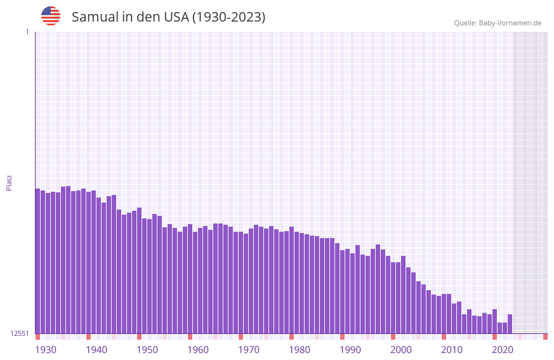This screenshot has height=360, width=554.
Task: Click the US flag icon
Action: pyautogui.click(x=51, y=16)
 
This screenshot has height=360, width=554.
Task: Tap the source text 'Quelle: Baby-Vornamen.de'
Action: pyautogui.click(x=498, y=23)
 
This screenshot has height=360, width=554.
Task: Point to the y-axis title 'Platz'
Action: pyautogui.click(x=9, y=182)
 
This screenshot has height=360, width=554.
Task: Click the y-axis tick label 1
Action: pyautogui.click(x=27, y=32)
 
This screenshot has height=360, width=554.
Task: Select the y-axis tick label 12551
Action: pyautogui.click(x=20, y=333)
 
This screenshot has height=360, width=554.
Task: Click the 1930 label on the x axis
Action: pyautogui.click(x=46, y=350)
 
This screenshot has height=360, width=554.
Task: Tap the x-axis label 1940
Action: pyautogui.click(x=96, y=350)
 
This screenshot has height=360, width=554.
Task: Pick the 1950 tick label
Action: pyautogui.click(x=147, y=350)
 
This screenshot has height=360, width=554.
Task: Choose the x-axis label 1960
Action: pyautogui.click(x=198, y=350)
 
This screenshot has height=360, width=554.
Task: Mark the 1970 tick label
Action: pyautogui.click(x=249, y=350)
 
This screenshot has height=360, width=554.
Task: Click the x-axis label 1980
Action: pyautogui.click(x=300, y=350)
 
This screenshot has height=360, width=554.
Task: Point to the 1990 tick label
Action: pyautogui.click(x=350, y=350)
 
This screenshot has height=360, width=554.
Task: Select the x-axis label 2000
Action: pyautogui.click(x=401, y=350)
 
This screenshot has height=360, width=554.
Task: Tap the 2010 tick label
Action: pyautogui.click(x=452, y=350)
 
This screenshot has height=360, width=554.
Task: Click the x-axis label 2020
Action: pyautogui.click(x=503, y=350)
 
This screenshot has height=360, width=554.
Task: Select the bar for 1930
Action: pyautogui.click(x=38, y=261)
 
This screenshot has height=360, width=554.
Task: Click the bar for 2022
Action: pyautogui.click(x=510, y=324)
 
